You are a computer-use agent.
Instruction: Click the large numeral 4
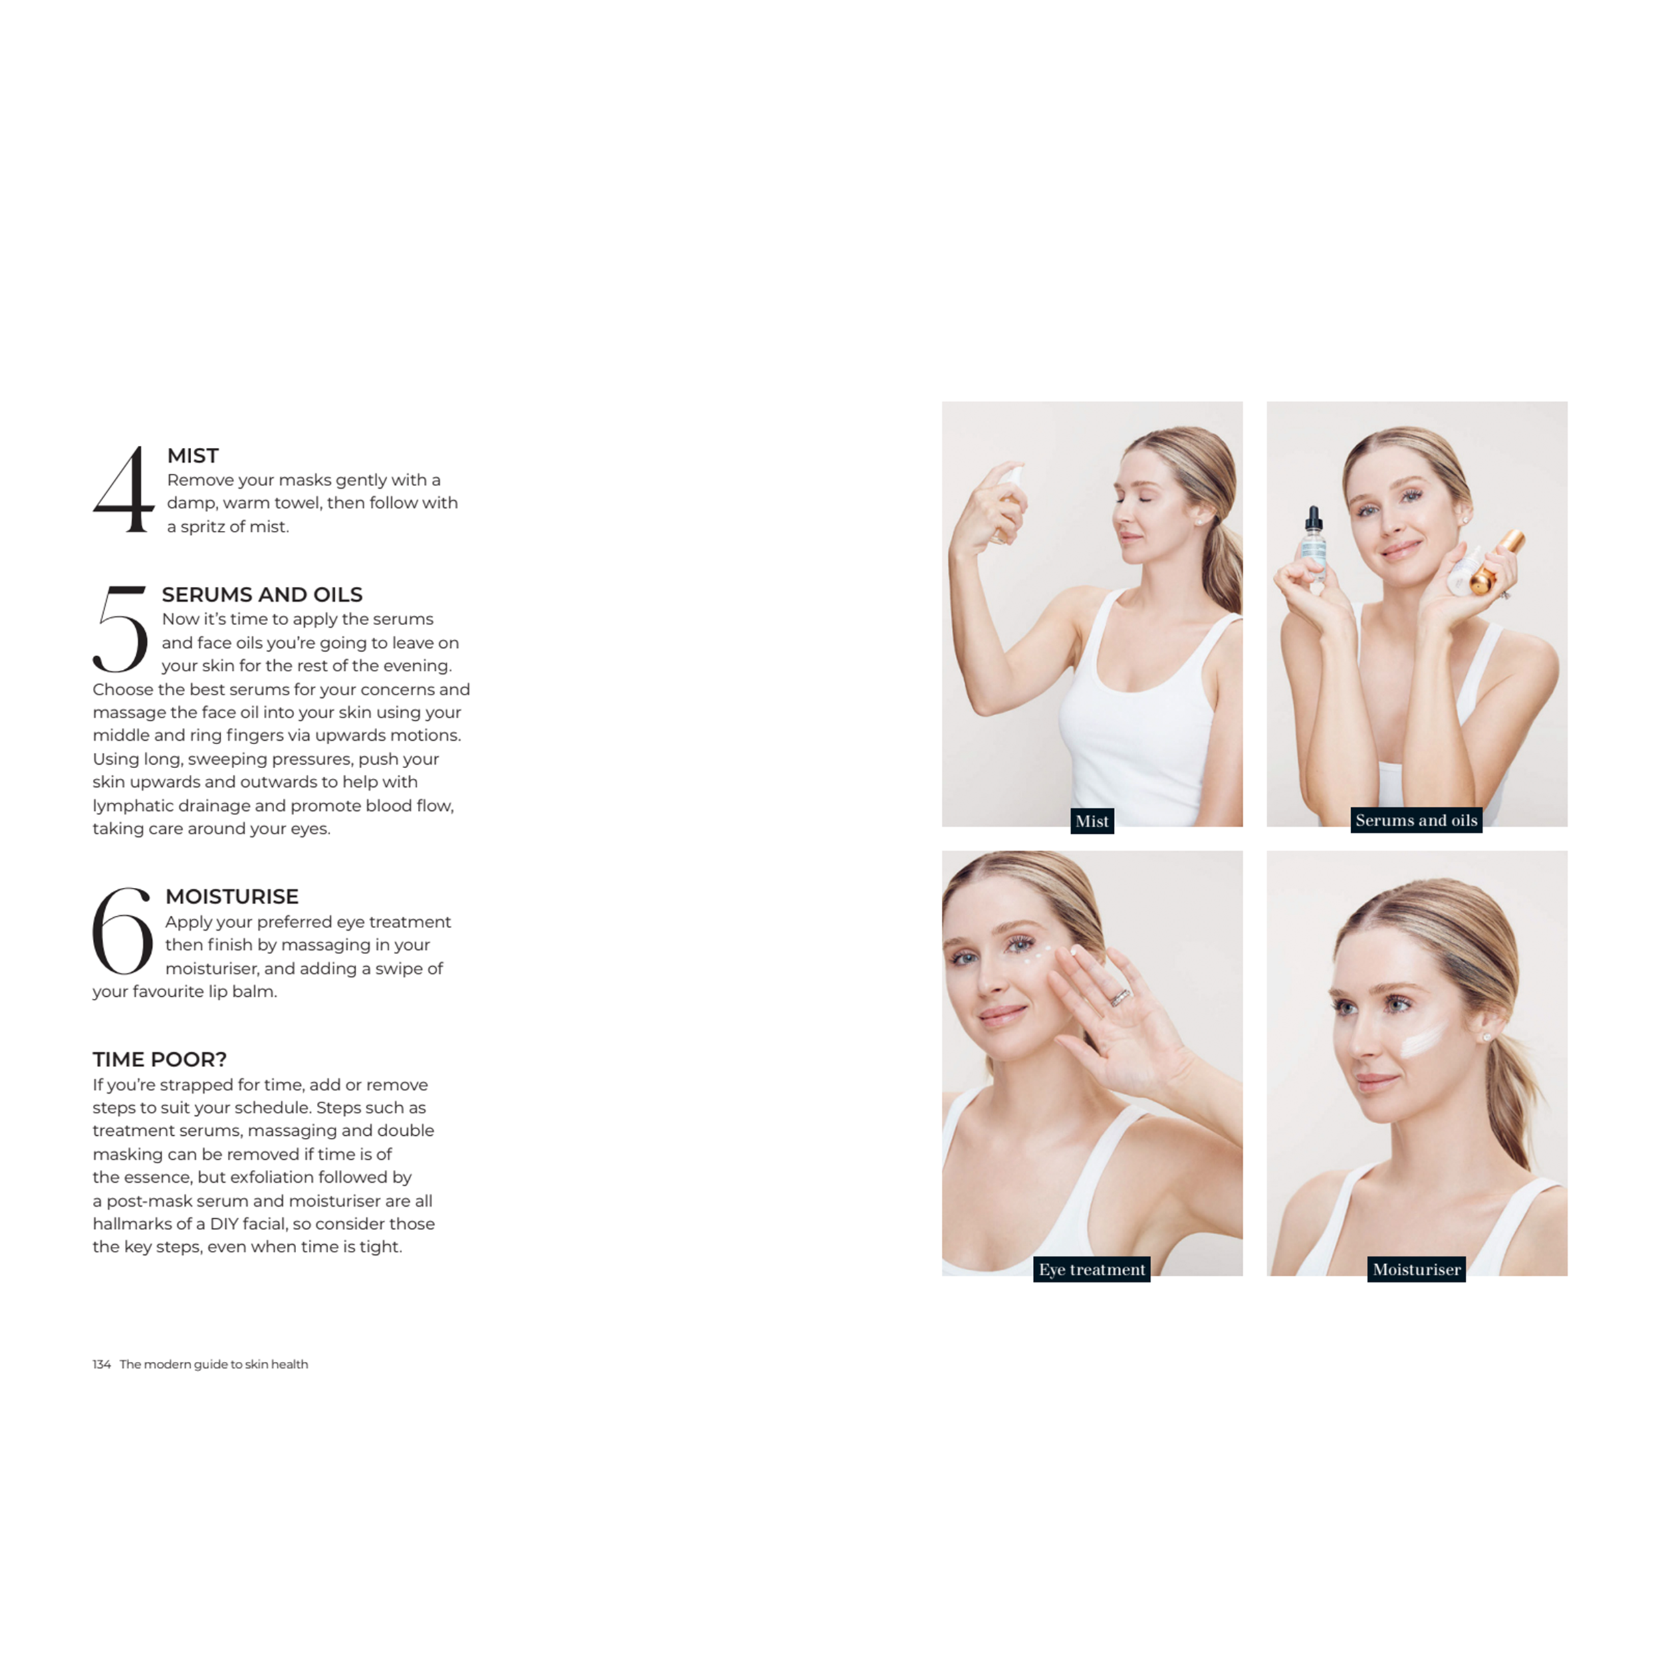[x=124, y=489]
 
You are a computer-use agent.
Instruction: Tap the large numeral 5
[x=120, y=629]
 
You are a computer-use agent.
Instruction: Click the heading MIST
[x=193, y=456]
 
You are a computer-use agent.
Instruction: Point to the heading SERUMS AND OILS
[x=262, y=595]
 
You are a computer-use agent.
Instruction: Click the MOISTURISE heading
[x=232, y=897]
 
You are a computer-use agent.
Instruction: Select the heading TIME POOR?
[x=160, y=1059]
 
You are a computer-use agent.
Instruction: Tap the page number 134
[x=101, y=1365]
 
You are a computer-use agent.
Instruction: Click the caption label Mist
[x=1092, y=821]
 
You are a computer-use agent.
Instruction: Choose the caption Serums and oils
[x=1416, y=820]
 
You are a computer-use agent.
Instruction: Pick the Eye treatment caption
[x=1092, y=1270]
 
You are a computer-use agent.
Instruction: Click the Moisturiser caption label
[x=1416, y=1270]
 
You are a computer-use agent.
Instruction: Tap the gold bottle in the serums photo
[x=1497, y=563]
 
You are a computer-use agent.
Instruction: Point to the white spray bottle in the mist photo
[x=1008, y=502]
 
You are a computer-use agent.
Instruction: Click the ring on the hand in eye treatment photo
[x=1120, y=996]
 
